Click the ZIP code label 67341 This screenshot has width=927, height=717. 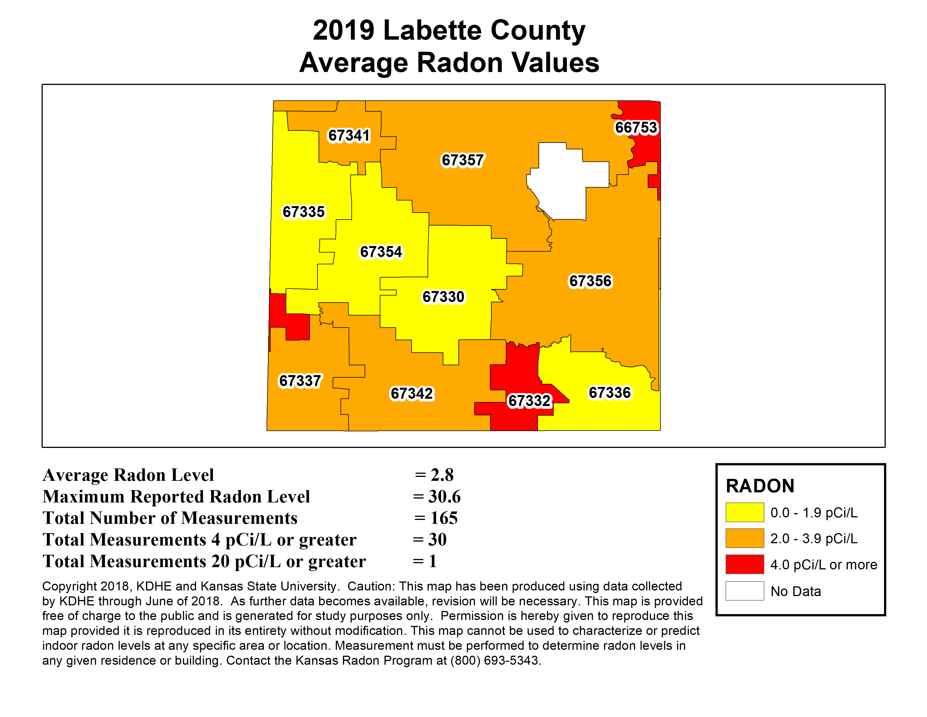pyautogui.click(x=349, y=136)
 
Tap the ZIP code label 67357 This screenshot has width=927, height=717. pyautogui.click(x=462, y=160)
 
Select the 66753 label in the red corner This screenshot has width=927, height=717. pyautogui.click(x=636, y=127)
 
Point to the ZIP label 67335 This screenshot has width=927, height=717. pyautogui.click(x=303, y=211)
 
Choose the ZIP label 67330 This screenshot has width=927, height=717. pyautogui.click(x=443, y=296)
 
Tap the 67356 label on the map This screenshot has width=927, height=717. pyautogui.click(x=590, y=281)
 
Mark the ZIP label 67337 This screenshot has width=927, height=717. pyautogui.click(x=300, y=381)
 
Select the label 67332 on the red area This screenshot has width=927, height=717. pyautogui.click(x=529, y=401)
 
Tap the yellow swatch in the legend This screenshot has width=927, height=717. pyautogui.click(x=744, y=512)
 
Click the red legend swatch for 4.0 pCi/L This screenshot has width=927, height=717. pyautogui.click(x=744, y=564)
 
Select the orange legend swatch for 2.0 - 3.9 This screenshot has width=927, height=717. pyautogui.click(x=744, y=538)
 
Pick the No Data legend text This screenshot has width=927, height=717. pyautogui.click(x=796, y=591)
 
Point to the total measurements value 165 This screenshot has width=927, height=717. pyautogui.click(x=444, y=518)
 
